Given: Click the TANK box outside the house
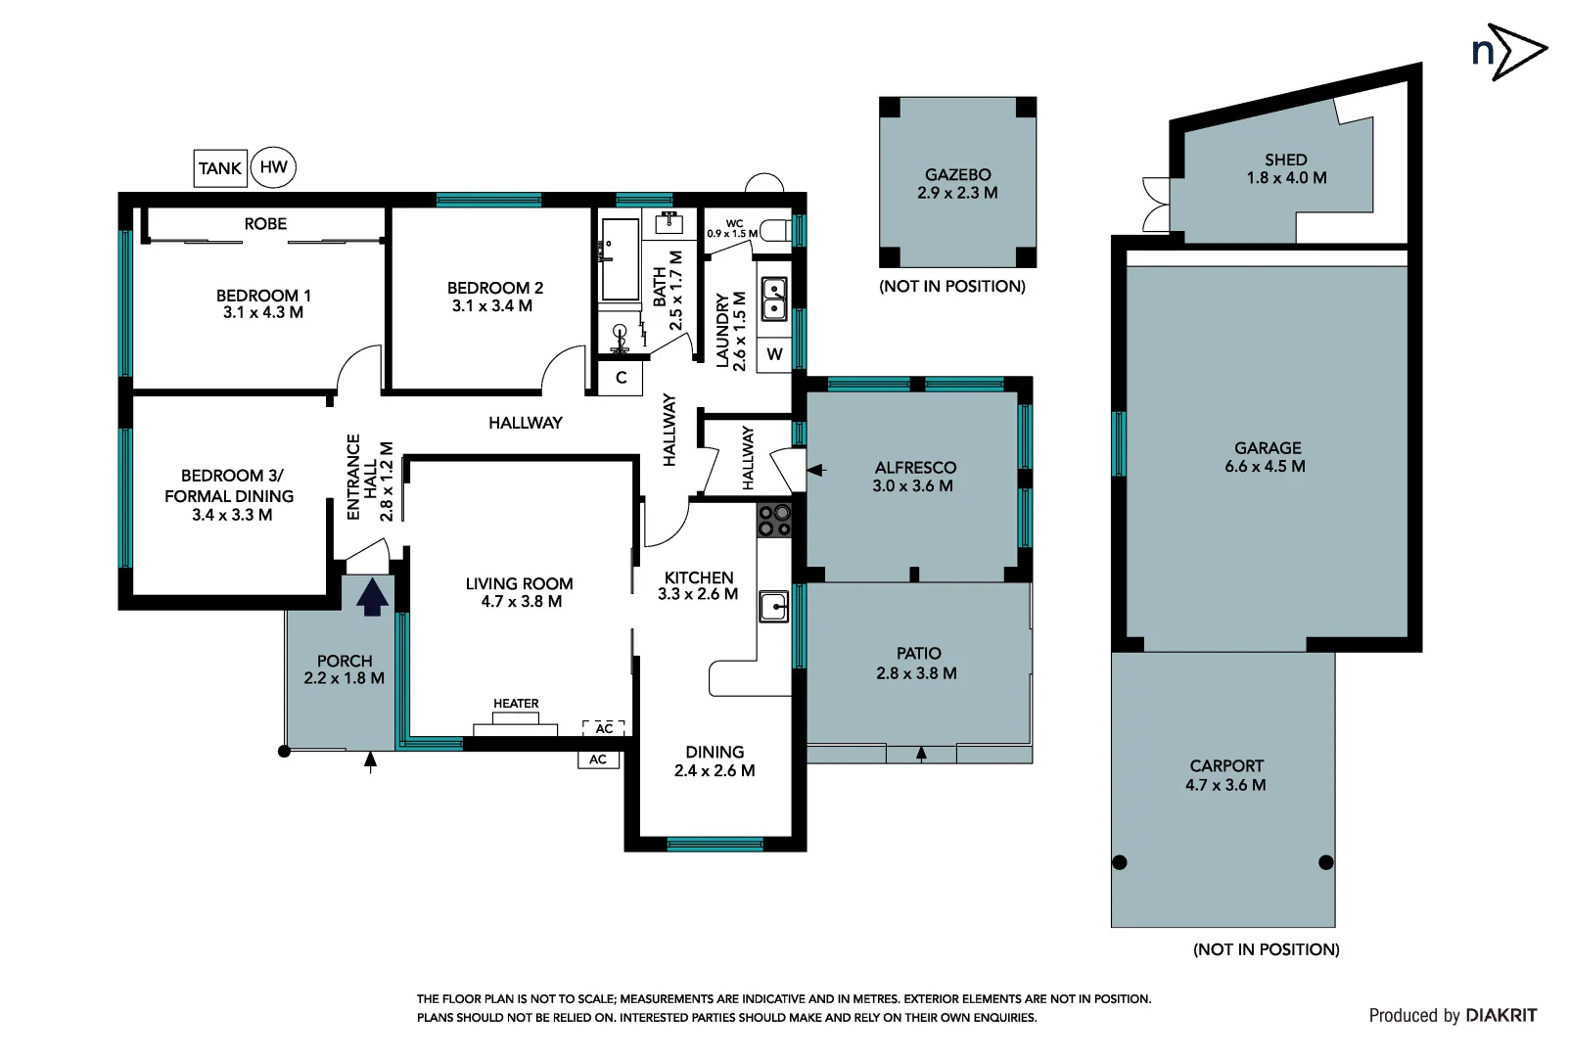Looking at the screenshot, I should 220,168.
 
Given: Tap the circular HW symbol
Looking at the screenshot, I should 273,167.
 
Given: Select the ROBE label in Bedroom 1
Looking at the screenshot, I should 265,224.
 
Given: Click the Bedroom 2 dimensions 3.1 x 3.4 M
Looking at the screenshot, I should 491,306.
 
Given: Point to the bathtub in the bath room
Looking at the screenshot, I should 620,259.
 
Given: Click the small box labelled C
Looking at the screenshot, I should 621,378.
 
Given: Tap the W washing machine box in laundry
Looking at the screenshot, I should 774,354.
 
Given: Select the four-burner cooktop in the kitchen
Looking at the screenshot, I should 773,521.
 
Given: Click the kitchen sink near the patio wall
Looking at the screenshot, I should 773,607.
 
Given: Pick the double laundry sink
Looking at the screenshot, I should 774,299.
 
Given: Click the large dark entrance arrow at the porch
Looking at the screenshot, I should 371,597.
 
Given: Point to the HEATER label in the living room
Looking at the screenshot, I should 516,704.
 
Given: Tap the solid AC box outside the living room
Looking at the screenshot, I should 598,759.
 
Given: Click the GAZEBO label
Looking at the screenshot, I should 957,175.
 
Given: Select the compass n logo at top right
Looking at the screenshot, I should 1508,52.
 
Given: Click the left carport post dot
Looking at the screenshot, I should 1120,862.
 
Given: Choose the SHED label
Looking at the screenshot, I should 1285,160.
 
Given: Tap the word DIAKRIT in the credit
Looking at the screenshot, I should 1500,1016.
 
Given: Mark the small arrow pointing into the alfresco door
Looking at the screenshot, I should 816,470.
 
